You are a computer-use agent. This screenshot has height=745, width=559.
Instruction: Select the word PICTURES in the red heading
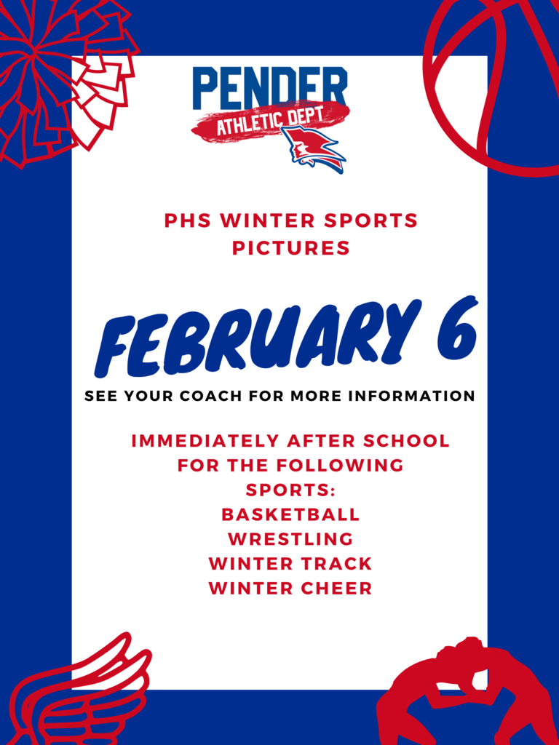click(x=291, y=248)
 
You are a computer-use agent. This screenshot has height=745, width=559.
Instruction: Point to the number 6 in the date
click(x=456, y=329)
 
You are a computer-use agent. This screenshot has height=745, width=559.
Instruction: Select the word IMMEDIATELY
click(x=206, y=440)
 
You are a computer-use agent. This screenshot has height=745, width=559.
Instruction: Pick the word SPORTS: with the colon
click(x=291, y=490)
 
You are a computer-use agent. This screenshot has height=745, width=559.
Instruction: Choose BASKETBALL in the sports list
click(x=290, y=514)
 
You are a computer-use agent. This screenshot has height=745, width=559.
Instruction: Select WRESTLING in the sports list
click(x=290, y=539)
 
